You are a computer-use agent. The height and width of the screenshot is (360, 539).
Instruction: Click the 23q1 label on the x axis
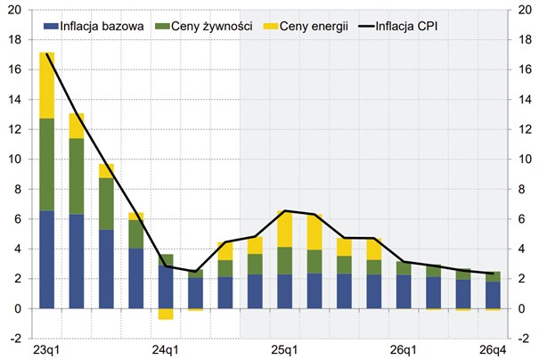(47, 348)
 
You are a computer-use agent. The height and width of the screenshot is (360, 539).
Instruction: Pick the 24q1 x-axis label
(166, 348)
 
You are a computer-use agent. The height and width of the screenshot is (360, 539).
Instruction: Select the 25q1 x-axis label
(285, 348)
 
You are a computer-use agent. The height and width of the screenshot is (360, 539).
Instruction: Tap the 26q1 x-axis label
(404, 348)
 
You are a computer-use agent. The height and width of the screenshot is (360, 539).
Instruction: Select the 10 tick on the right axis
(526, 160)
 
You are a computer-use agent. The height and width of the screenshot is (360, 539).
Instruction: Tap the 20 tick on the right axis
(526, 11)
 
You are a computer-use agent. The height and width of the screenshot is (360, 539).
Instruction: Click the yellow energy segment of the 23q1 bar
(47, 86)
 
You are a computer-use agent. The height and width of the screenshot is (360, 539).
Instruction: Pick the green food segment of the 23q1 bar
(47, 165)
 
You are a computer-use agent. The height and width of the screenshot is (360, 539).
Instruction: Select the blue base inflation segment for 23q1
(47, 259)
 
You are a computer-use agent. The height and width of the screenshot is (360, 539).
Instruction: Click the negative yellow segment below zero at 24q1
(166, 314)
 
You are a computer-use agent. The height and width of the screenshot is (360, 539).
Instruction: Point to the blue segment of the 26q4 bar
(494, 295)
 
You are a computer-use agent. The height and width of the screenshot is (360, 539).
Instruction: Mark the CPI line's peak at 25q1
(285, 211)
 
